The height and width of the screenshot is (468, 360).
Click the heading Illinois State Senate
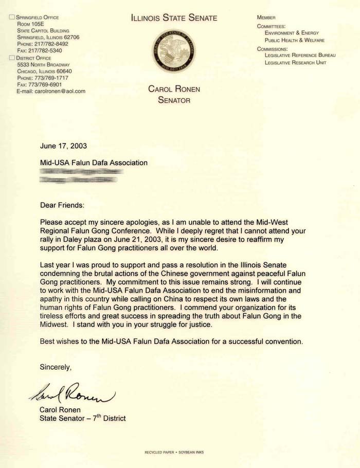[174, 19]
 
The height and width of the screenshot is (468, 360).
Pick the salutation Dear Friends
[62, 205]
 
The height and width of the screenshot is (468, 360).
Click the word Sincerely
[56, 367]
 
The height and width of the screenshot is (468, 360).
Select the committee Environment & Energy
[292, 33]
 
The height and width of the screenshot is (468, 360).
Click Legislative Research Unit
[295, 63]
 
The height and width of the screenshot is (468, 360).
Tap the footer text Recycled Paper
[160, 452]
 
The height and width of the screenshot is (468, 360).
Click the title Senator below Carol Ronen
[174, 100]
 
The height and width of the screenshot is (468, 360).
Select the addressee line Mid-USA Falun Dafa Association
[94, 163]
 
